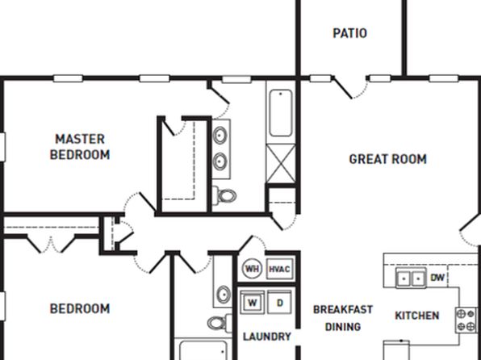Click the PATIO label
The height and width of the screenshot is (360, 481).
[x=350, y=33]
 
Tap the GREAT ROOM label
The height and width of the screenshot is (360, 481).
[x=387, y=159]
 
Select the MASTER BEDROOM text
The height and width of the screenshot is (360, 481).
[x=80, y=147]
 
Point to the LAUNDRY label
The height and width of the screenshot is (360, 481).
[x=267, y=337]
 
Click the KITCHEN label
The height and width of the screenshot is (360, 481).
[x=417, y=316]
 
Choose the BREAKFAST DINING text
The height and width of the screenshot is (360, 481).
[x=343, y=318]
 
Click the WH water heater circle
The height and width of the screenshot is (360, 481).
[x=252, y=269]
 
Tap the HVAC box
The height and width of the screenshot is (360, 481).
[x=279, y=269]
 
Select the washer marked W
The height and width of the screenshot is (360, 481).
[x=252, y=303]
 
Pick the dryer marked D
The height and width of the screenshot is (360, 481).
[x=279, y=303]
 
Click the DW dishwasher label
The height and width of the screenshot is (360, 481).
[x=437, y=278]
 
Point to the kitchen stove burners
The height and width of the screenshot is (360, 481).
[x=466, y=320]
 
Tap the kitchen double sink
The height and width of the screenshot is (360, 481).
[x=411, y=278]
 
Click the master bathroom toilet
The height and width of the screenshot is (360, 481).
[x=224, y=195]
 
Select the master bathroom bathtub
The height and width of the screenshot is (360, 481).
[x=280, y=113]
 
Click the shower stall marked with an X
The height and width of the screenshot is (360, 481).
[x=281, y=164]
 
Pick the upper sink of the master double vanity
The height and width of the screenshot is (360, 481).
[x=220, y=136]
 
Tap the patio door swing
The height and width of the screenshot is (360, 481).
[x=351, y=88]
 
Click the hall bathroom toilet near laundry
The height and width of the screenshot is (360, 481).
[x=220, y=323]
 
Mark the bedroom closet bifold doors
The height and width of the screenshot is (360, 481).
[x=51, y=244]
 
